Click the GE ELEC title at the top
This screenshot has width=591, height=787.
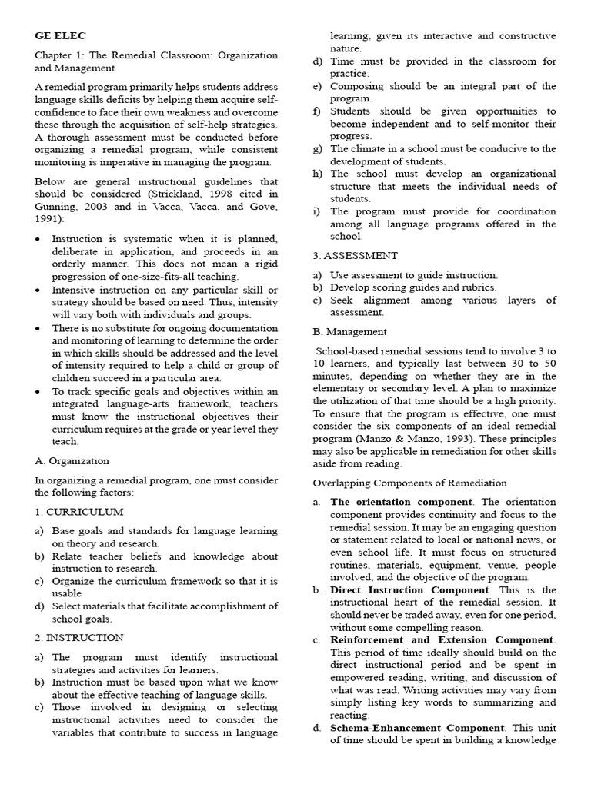click(61, 35)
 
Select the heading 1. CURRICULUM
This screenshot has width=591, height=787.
click(78, 511)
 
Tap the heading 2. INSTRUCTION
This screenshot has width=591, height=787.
click(78, 637)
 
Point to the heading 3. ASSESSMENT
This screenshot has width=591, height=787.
click(356, 255)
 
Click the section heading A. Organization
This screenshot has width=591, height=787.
click(72, 460)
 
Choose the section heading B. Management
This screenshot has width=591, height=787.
click(350, 331)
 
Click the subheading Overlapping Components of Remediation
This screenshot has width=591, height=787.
click(409, 483)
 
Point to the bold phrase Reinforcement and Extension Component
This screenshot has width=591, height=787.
click(442, 639)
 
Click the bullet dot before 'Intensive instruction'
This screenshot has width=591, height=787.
click(38, 290)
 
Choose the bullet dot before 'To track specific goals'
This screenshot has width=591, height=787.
click(38, 391)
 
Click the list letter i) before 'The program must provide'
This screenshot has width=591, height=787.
click(316, 211)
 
